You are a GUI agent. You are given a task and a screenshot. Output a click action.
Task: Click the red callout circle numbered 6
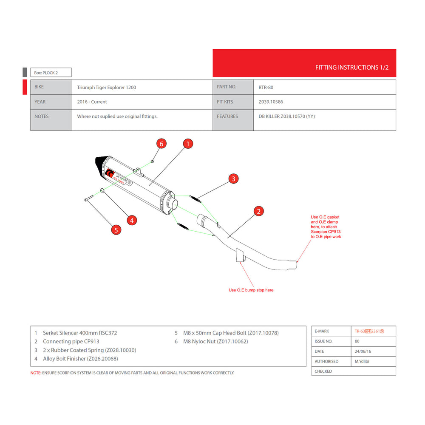pyautogui.click(x=161, y=144)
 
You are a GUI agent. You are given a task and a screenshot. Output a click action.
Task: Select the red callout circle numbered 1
pyautogui.click(x=188, y=144)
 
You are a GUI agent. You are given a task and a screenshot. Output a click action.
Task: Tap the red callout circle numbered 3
pyautogui.click(x=233, y=178)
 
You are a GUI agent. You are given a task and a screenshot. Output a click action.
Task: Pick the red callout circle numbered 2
pyautogui.click(x=258, y=211)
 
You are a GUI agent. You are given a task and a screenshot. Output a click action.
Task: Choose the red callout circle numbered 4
pyautogui.click(x=132, y=220)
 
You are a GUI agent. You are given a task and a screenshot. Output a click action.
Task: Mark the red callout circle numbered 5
pyautogui.click(x=116, y=230)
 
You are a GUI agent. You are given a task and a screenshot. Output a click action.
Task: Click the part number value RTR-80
pyautogui.click(x=266, y=87)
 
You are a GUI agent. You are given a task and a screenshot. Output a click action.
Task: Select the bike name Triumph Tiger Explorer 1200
pyautogui.click(x=107, y=87)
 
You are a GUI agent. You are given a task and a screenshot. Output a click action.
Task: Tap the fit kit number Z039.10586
pyautogui.click(x=270, y=102)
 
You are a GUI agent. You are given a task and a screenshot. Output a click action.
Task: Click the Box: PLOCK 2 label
pyautogui.click(x=46, y=73)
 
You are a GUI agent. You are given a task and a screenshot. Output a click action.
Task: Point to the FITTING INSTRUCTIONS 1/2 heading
pyautogui.click(x=352, y=68)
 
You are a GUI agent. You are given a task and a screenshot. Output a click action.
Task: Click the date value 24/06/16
pyautogui.click(x=363, y=351)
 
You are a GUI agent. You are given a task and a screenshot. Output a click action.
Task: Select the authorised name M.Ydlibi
pyautogui.click(x=362, y=361)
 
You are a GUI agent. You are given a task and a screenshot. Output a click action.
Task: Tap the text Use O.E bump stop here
pyautogui.click(x=251, y=290)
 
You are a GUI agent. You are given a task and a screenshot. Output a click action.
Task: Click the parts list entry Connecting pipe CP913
pyautogui.click(x=71, y=342)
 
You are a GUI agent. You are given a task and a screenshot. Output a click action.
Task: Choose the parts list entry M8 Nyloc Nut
pyautogui.click(x=215, y=342)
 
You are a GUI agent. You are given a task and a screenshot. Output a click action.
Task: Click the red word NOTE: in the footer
pyautogui.click(x=36, y=373)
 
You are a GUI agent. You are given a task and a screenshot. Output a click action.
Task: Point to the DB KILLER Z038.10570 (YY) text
pyautogui.click(x=286, y=116)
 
